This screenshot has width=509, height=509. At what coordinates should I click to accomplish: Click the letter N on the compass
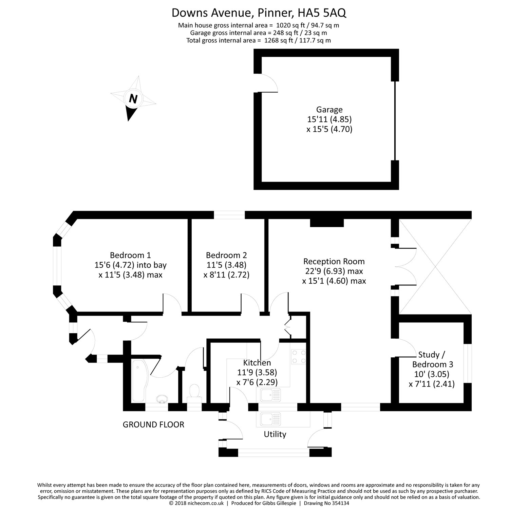pyautogui.click(x=133, y=99)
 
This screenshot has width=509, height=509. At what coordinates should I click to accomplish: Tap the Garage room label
pyautogui.click(x=329, y=110)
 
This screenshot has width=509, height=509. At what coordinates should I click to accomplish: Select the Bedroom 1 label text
pyautogui.click(x=130, y=255)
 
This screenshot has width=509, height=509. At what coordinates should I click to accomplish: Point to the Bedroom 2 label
pyautogui.click(x=226, y=255)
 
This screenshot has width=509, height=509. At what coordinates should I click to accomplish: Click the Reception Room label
pyautogui.click(x=334, y=262)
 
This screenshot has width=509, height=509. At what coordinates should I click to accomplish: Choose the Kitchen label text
pyautogui.click(x=257, y=363)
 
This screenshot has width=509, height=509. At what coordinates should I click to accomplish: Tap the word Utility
pyautogui.click(x=275, y=434)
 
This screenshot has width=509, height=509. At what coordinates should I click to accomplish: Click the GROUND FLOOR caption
pyautogui.click(x=153, y=425)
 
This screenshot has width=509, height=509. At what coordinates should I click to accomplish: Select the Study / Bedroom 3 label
pyautogui.click(x=432, y=360)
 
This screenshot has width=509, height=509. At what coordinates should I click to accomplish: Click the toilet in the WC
pyautogui.click(x=194, y=393)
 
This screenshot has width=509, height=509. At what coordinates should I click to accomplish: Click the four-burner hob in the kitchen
pyautogui.click(x=298, y=357)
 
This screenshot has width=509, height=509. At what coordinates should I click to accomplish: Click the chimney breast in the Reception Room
pyautogui.click(x=327, y=223)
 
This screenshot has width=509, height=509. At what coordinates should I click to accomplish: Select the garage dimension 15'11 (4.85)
pyautogui.click(x=329, y=119)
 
